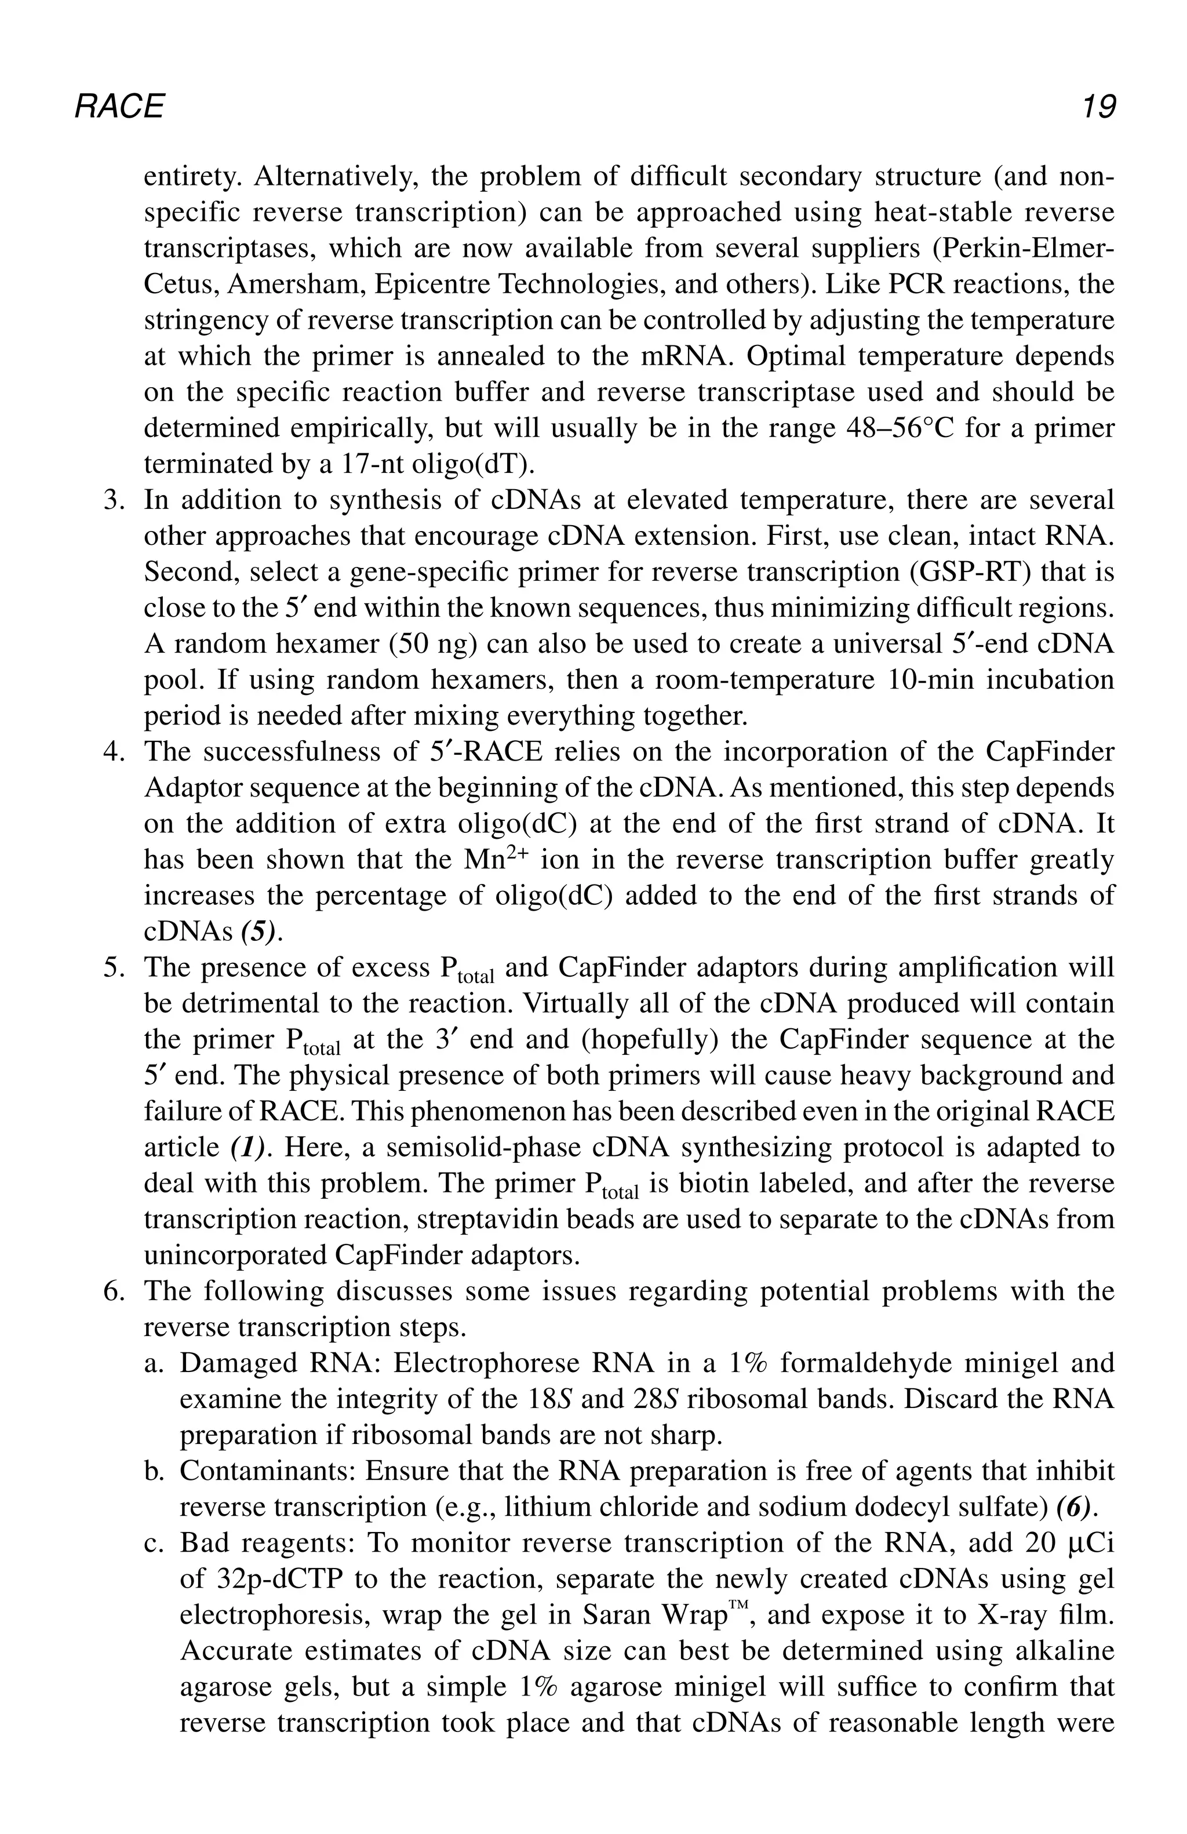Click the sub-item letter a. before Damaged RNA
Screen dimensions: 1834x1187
point(152,1363)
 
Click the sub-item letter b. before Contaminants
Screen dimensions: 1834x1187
point(152,1471)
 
